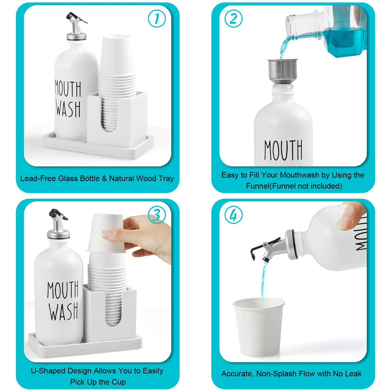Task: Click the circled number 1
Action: (157, 18)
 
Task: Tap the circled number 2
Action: (233, 18)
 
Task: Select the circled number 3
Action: (157, 215)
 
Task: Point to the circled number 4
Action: (233, 215)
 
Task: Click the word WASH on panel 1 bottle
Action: (68, 109)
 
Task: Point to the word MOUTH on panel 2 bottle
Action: (283, 150)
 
